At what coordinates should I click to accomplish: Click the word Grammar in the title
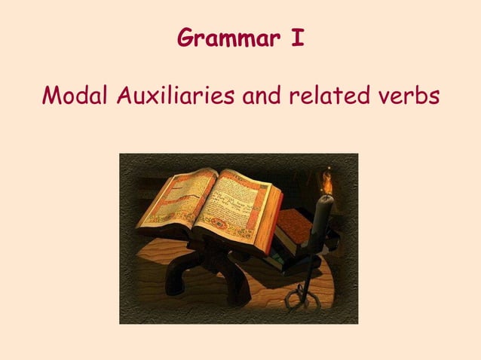click(223, 38)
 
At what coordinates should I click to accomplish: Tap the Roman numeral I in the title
click(299, 38)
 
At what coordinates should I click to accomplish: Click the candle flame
click(327, 180)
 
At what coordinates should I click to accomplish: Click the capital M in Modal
click(50, 96)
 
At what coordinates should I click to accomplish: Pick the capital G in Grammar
click(184, 38)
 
